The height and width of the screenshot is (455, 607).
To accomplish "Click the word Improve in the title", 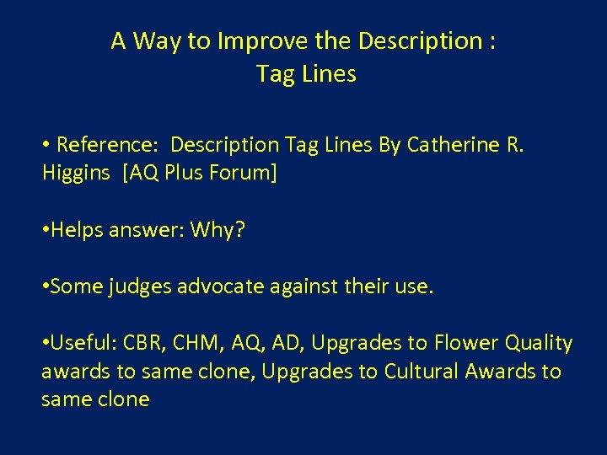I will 253,41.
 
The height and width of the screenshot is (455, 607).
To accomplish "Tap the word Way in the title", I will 154,41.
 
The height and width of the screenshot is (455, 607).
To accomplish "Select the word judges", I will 138,287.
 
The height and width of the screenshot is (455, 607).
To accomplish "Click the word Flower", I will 466,344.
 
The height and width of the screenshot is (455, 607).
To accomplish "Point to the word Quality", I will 539,344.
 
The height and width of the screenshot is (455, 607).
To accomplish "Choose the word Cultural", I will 417,372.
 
